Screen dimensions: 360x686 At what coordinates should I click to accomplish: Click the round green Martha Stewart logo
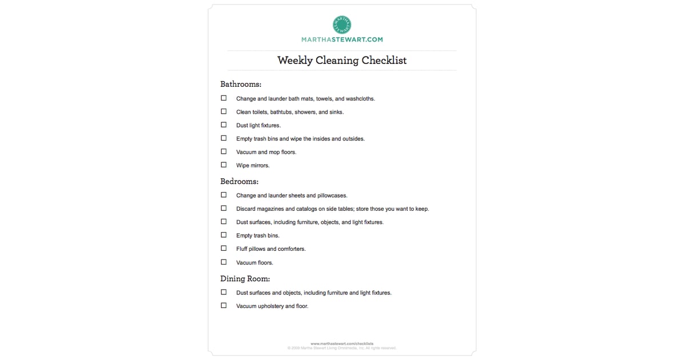point(342,24)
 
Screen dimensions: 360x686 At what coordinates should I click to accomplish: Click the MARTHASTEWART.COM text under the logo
point(342,40)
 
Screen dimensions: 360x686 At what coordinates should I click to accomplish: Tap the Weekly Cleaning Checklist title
point(342,60)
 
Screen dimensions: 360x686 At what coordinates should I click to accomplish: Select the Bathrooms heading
point(241,84)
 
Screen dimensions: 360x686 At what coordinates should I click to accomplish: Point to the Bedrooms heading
point(240,181)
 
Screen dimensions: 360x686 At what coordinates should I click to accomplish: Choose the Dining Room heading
point(245,279)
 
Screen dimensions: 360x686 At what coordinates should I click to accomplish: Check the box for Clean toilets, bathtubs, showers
point(224,111)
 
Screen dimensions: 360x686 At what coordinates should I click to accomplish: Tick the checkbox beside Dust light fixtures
point(224,125)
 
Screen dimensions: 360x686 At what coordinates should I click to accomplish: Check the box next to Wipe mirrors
point(224,165)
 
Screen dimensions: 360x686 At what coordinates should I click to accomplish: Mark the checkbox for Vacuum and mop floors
point(224,151)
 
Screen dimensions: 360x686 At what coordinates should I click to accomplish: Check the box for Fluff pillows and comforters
point(224,248)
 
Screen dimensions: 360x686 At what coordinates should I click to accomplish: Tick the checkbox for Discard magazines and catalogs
point(224,208)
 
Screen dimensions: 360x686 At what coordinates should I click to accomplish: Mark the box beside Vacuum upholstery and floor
point(224,305)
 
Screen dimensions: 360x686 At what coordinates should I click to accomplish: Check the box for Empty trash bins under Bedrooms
point(224,235)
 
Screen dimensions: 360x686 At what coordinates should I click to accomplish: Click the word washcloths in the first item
point(360,99)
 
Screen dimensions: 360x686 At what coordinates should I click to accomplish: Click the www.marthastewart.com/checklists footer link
point(342,343)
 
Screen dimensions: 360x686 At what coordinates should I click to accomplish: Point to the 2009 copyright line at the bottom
point(342,348)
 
